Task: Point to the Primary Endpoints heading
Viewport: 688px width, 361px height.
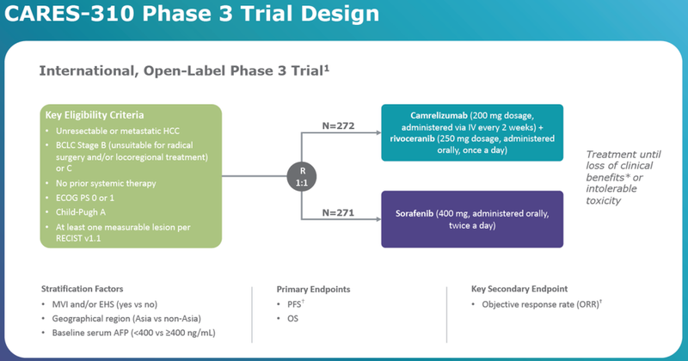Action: [x=314, y=288]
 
